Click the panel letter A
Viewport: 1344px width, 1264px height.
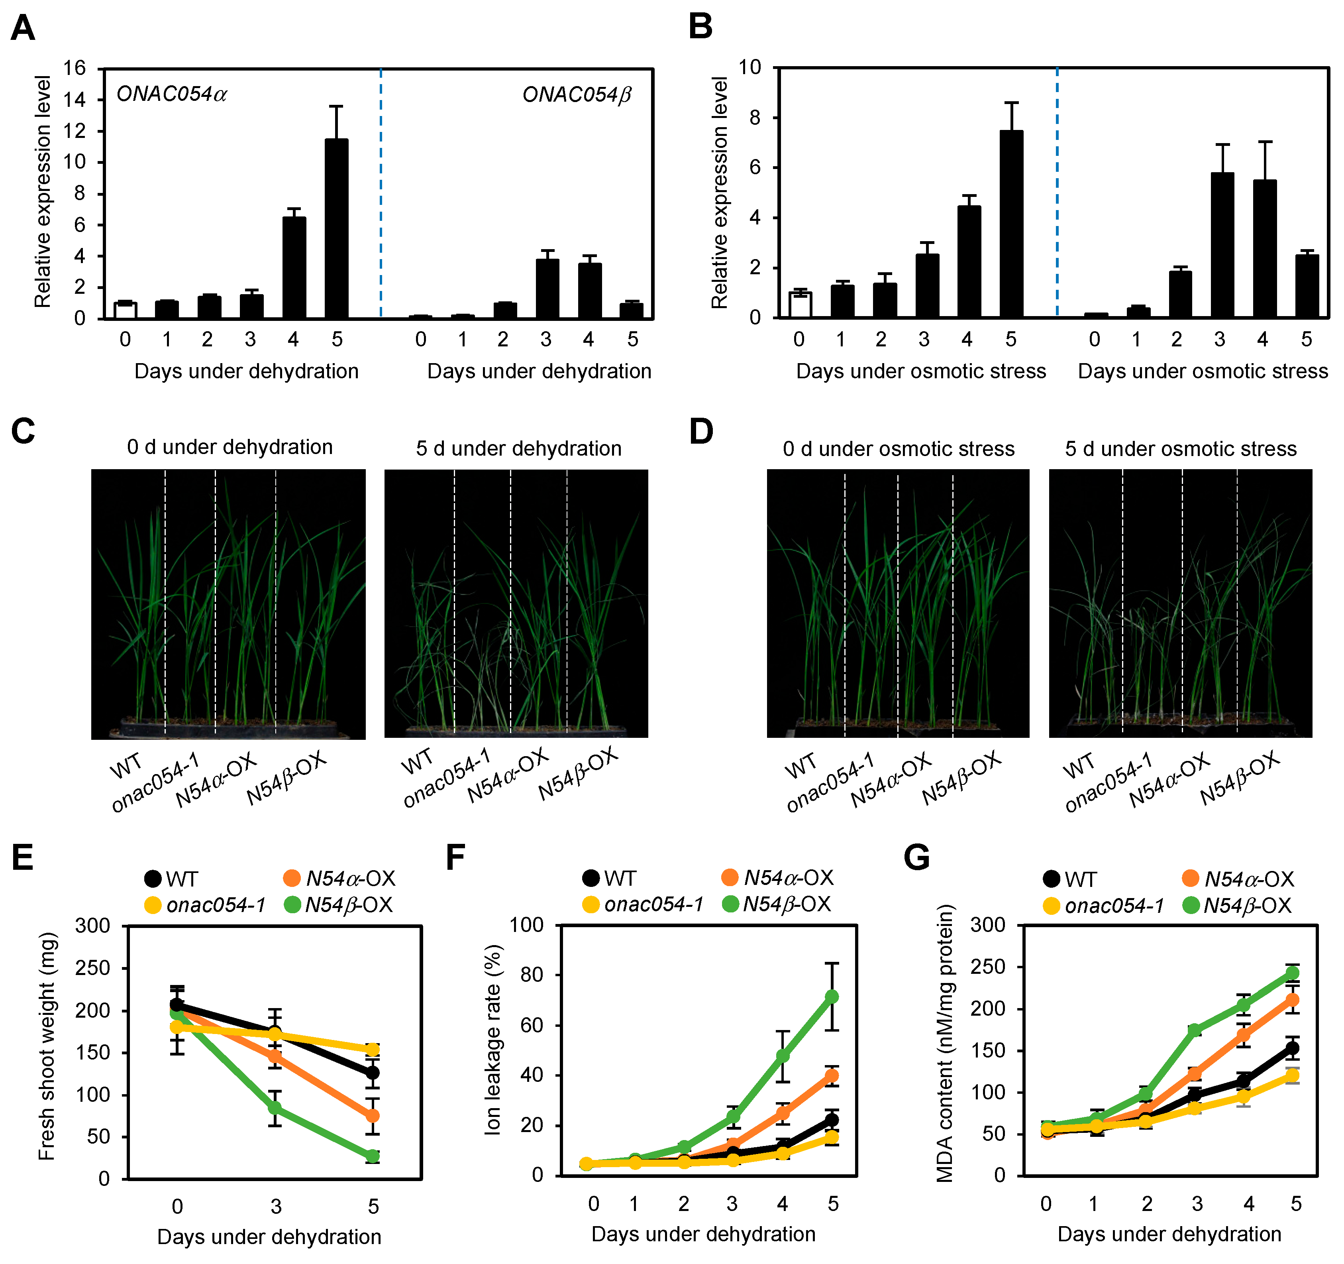point(23,28)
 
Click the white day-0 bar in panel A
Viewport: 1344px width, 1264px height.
point(125,311)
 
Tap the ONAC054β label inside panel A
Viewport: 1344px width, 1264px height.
point(576,95)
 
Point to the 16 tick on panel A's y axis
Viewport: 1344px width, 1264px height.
point(75,68)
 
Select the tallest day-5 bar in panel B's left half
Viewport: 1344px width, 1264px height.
point(1011,223)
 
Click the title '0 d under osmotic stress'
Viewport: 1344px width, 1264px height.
point(899,449)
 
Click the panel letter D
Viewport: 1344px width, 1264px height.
point(701,431)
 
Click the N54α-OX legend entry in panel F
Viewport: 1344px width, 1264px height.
point(777,878)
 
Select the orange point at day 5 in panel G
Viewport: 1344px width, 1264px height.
point(1292,1000)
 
